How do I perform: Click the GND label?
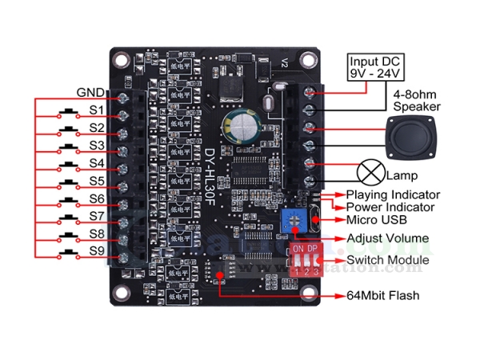[x=89, y=91]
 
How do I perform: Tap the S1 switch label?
[x=96, y=110]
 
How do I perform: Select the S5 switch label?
[x=96, y=181]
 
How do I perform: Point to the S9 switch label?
[x=96, y=252]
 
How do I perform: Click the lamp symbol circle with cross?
[x=370, y=173]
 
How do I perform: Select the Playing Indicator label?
[x=393, y=194]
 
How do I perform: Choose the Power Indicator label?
[x=390, y=207]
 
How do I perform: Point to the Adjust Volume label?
[x=386, y=238]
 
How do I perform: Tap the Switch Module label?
[x=387, y=261]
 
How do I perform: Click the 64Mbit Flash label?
[x=382, y=296]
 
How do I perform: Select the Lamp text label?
[x=401, y=175]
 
